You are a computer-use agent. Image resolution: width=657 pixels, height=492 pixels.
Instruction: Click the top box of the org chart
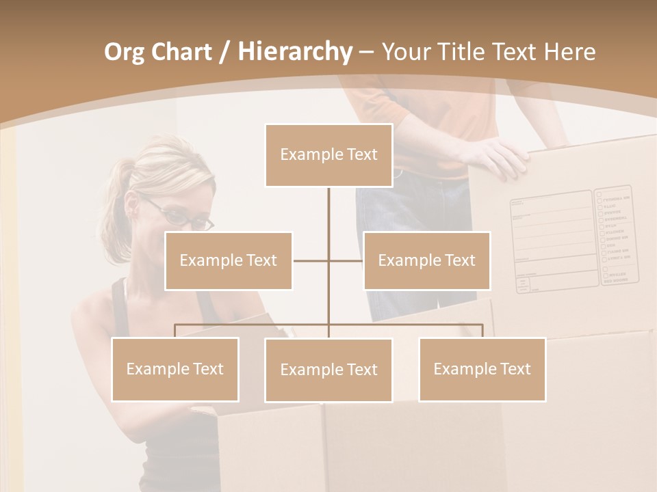tap(328, 155)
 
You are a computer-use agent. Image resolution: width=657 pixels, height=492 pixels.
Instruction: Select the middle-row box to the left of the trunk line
tap(229, 260)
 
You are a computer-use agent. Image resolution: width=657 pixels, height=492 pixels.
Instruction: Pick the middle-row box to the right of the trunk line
tap(426, 260)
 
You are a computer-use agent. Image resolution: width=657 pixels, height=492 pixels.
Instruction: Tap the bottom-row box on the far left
tap(175, 369)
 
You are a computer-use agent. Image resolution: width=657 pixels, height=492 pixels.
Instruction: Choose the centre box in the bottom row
tap(328, 370)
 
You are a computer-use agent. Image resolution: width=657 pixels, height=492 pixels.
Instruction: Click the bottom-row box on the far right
tap(482, 369)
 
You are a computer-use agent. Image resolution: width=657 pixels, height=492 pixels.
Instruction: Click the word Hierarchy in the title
tap(294, 52)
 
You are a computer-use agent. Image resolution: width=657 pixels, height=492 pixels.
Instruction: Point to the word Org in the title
tap(124, 53)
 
